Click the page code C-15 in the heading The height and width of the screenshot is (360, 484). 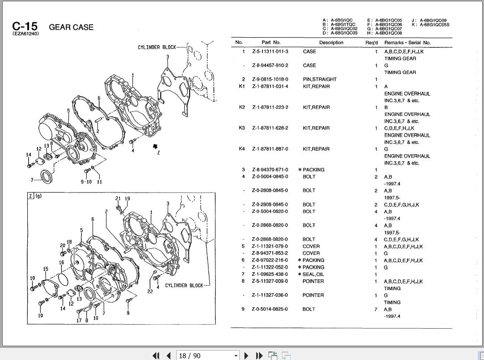tap(25, 26)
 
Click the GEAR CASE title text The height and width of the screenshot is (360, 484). tap(71, 27)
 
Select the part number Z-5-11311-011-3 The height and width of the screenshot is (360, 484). tap(270, 51)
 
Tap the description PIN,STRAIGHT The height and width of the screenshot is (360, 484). tap(319, 79)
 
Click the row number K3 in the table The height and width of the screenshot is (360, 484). tap(242, 128)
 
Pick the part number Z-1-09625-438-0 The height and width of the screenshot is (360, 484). tap(270, 274)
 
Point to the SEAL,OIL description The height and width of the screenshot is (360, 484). tap(314, 274)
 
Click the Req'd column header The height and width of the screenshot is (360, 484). tap(371, 43)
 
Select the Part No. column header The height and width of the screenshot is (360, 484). tap(271, 43)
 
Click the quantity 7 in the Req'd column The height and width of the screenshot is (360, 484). tap(376, 309)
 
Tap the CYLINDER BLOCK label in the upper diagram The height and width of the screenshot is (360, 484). tap(157, 47)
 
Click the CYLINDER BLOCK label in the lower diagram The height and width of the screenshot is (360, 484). tap(184, 285)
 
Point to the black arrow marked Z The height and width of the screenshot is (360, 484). tap(155, 146)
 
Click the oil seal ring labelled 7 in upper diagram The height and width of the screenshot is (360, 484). tap(47, 177)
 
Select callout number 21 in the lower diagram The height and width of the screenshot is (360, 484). tap(118, 199)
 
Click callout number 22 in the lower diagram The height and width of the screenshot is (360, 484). tap(150, 291)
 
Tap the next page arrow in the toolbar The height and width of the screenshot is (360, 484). tap(246, 356)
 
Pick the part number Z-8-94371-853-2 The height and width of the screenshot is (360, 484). tap(270, 253)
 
